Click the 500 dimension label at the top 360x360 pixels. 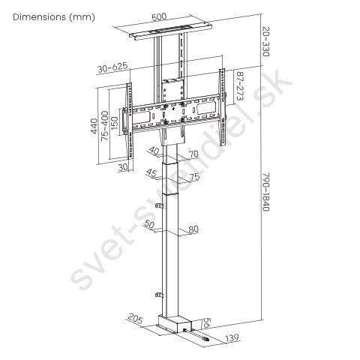[159, 17]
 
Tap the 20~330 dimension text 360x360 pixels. [265, 42]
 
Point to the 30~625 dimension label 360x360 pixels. [112, 67]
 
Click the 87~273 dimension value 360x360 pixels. [240, 86]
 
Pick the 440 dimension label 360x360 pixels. [94, 126]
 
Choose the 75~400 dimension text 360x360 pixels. [105, 125]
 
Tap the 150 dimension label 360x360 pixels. [115, 123]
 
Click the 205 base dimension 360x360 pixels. [135, 319]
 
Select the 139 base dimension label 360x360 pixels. [232, 338]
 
